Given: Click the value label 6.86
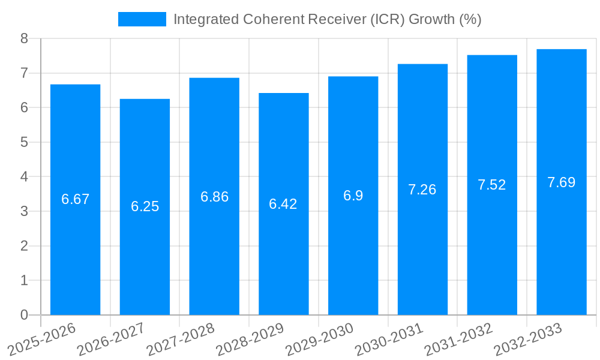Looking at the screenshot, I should click(x=214, y=197).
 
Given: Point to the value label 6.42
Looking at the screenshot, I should click(x=283, y=204).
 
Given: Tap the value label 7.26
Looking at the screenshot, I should click(x=422, y=190).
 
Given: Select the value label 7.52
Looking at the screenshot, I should click(x=492, y=185).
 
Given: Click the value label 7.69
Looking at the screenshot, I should click(x=561, y=182).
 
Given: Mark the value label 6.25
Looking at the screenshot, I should click(x=145, y=206).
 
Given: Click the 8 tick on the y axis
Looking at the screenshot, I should click(x=24, y=38).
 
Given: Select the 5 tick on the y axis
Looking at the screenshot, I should click(x=24, y=142).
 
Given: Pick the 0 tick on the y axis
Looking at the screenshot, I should click(x=24, y=315).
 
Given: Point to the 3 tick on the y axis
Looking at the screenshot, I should click(x=24, y=211).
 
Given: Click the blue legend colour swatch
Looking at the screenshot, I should click(x=142, y=19).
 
